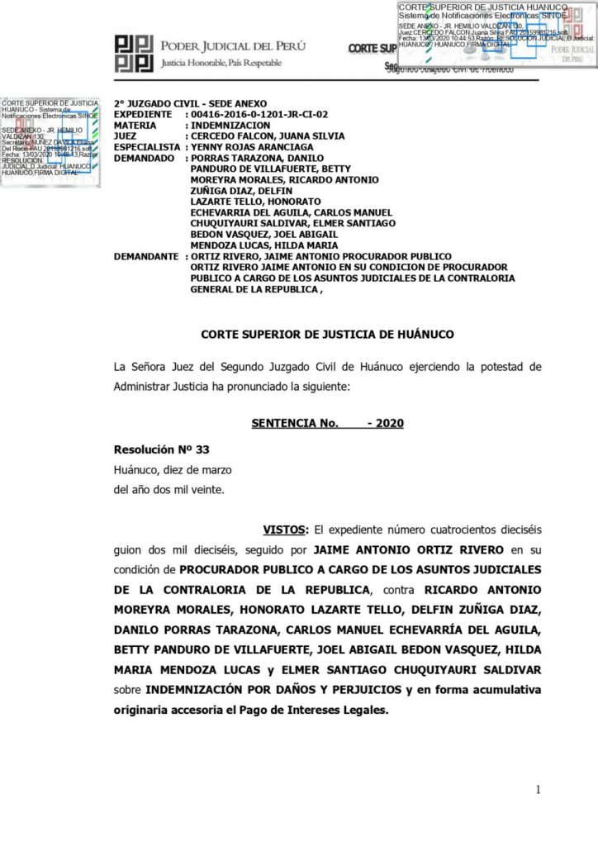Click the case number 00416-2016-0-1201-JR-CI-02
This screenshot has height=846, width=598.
259,115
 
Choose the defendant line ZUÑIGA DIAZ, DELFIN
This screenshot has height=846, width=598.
237,190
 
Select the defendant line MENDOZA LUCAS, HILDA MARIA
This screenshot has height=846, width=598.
259,245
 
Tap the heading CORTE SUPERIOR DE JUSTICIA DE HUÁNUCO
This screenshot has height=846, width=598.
327,334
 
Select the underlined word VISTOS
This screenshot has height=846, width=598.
285,528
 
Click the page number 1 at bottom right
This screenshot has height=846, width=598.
539,790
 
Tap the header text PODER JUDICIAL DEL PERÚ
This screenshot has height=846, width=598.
220,45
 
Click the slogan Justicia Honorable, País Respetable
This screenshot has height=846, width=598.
221,63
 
